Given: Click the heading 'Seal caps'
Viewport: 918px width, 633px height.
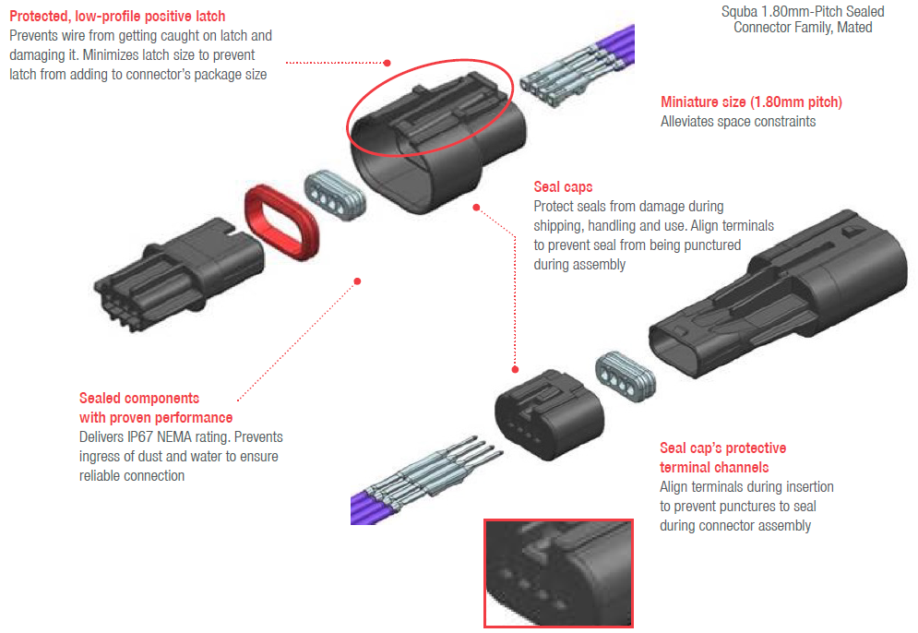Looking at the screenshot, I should (x=563, y=187).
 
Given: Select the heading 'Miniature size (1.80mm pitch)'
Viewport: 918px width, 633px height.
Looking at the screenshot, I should (x=751, y=102).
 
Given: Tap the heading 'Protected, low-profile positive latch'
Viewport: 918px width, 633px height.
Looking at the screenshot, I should (x=117, y=16).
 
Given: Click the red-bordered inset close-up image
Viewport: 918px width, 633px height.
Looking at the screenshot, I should (x=558, y=573).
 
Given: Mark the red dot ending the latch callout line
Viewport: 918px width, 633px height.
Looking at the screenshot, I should (x=387, y=64).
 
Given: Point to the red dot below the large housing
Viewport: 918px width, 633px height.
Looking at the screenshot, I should (x=476, y=208).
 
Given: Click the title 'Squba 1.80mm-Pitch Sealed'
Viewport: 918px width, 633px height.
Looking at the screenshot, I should (x=802, y=12).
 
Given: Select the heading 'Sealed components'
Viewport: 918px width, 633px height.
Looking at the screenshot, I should (x=138, y=399).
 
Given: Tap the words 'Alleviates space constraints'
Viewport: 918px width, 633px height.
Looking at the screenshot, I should (x=738, y=122).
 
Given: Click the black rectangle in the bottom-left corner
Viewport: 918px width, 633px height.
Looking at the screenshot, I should (x=156, y=599).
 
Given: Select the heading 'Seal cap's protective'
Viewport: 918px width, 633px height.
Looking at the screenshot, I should (x=722, y=448).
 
